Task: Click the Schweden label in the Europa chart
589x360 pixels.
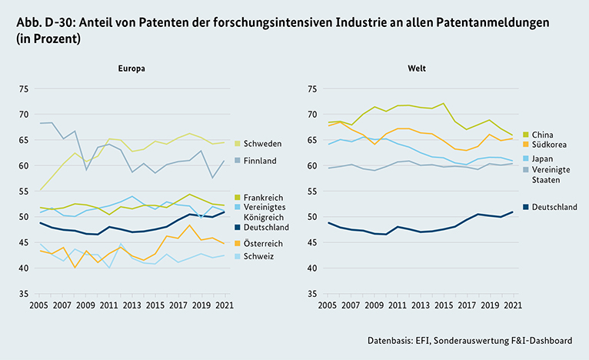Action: pyautogui.click(x=261, y=144)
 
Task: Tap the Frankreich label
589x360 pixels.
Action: pyautogui.click(x=264, y=198)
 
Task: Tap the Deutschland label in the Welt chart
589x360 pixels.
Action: pyautogui.click(x=554, y=207)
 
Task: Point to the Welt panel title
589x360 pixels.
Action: pyautogui.click(x=418, y=68)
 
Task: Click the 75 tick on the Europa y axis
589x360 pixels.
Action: pyautogui.click(x=22, y=88)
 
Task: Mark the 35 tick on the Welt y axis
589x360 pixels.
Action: pyautogui.click(x=312, y=294)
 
